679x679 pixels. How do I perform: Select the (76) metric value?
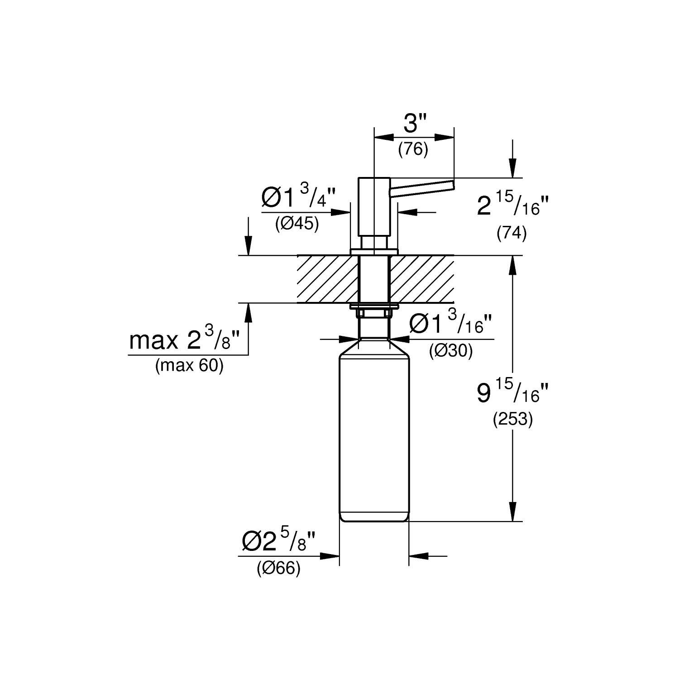413,149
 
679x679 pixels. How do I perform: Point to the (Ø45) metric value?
297,224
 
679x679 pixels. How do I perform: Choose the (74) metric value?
512,234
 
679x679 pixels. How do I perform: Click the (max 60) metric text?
189,366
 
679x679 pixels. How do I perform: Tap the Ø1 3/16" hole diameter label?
450,324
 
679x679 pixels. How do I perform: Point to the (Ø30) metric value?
451,351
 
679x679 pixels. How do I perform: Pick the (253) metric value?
512,420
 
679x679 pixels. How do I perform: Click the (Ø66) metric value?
278,569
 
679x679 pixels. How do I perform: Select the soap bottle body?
374,435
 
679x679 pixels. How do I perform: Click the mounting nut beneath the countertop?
374,312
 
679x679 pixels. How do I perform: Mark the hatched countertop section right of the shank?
421,279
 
